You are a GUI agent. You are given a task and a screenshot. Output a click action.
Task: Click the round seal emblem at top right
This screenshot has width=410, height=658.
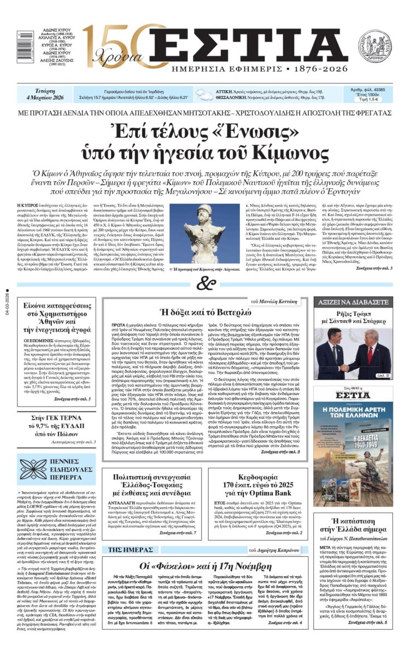point(374,46)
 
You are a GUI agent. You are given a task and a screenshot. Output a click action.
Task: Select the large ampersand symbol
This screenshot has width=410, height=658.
point(203,284)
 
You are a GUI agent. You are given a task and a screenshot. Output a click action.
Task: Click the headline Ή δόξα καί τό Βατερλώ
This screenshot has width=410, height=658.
point(204,313)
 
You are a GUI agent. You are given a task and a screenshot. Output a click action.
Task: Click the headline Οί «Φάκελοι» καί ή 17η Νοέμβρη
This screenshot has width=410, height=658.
point(204,566)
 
